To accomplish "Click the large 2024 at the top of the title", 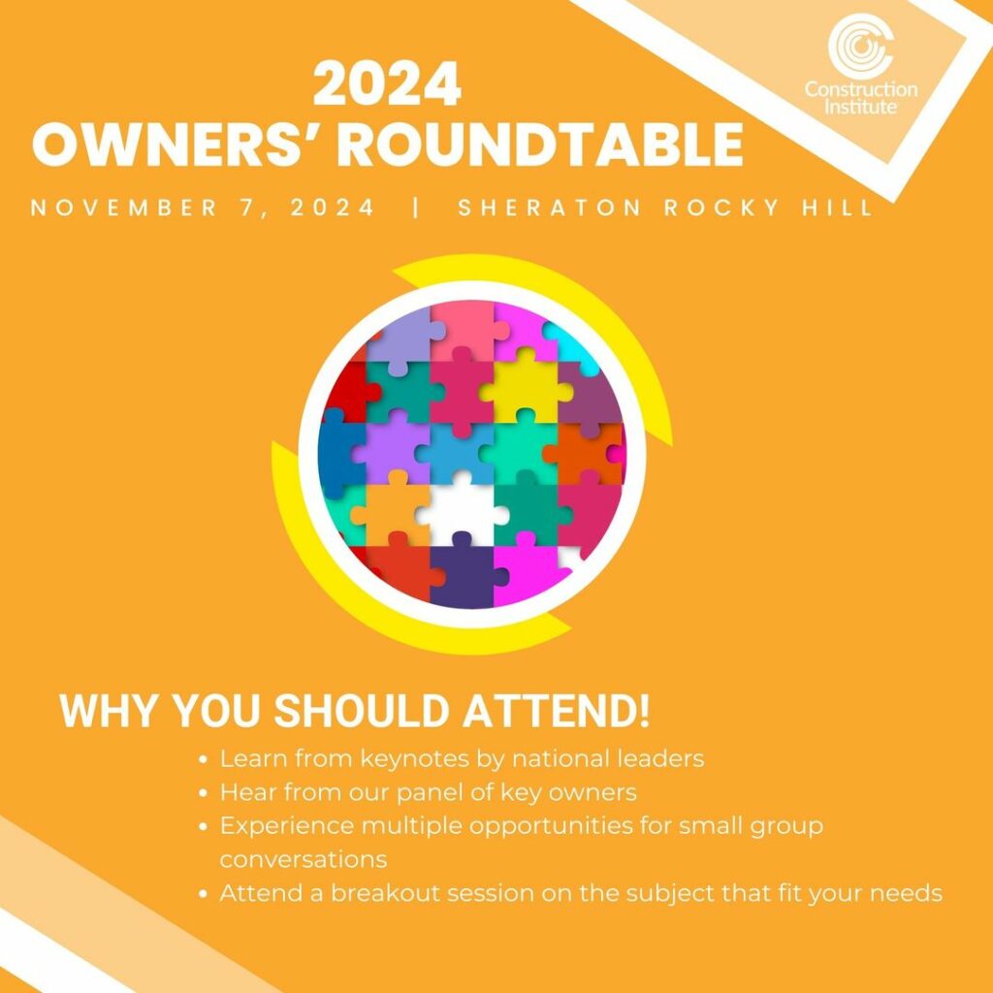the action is click(x=387, y=84).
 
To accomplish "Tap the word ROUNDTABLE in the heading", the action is click(x=539, y=144).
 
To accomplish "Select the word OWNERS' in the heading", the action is click(x=177, y=144).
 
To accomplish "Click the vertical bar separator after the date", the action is click(x=416, y=208).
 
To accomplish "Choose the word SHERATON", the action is click(x=549, y=208).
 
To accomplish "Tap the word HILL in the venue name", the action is click(x=838, y=208).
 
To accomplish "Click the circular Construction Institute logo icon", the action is click(x=860, y=45).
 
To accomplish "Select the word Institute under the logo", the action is click(x=860, y=106).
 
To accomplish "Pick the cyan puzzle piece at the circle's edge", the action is click(x=573, y=345).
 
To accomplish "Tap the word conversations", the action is click(x=304, y=860).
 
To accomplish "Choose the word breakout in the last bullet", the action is click(x=377, y=893).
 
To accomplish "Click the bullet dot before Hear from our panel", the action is click(x=204, y=793).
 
